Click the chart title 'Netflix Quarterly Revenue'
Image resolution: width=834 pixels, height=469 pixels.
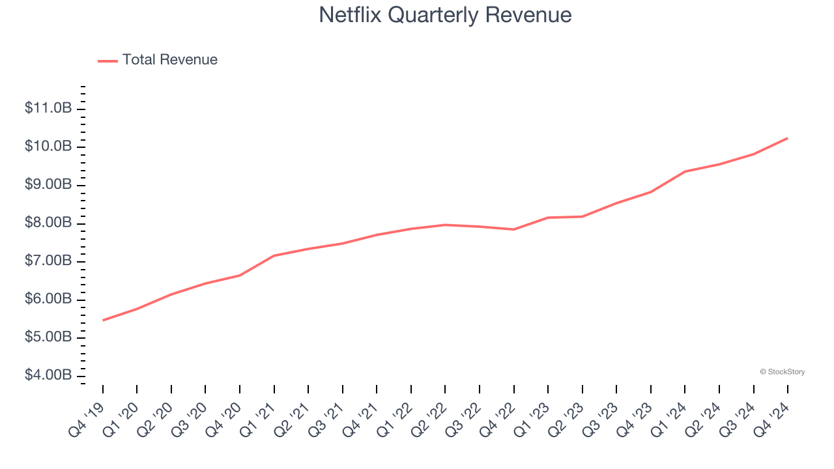coord(445,15)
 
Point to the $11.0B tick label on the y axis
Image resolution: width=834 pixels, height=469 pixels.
coord(48,108)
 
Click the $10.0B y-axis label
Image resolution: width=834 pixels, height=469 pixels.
coord(48,147)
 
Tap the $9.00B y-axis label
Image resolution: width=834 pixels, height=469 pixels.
coord(48,185)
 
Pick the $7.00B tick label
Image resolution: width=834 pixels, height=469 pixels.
coord(48,261)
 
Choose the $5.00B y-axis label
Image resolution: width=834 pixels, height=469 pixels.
coord(48,338)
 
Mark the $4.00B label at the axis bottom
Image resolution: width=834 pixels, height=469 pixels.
coord(48,376)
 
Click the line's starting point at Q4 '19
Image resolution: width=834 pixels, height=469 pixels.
coord(103,320)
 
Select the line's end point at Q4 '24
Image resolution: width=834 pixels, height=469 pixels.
coord(788,138)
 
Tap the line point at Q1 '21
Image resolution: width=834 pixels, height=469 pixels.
coord(274,255)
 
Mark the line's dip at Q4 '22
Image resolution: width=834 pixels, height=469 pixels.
coord(514,229)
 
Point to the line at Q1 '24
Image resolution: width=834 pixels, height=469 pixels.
coord(685,171)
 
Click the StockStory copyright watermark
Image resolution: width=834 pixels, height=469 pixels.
coord(783,372)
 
